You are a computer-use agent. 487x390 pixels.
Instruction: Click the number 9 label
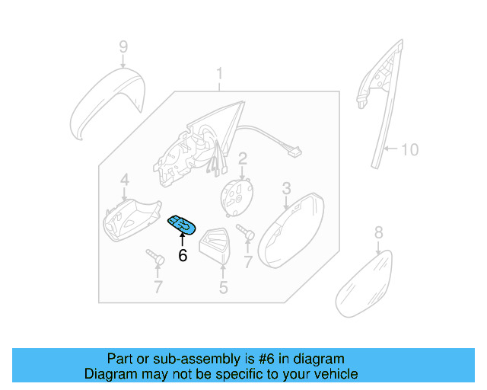tap(123, 48)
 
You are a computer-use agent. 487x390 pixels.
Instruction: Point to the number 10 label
tap(409, 149)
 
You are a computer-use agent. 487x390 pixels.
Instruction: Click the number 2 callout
tap(243, 159)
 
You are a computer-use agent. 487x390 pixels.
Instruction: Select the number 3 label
tap(287, 187)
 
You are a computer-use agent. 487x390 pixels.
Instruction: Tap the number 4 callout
tap(124, 180)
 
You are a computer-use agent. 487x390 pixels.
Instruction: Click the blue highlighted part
tap(182, 225)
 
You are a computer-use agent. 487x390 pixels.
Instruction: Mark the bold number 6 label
tap(182, 256)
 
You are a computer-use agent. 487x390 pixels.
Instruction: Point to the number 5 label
tap(223, 288)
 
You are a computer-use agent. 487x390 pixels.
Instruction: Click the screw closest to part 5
tap(244, 232)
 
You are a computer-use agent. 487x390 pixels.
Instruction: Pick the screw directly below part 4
tap(156, 259)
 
